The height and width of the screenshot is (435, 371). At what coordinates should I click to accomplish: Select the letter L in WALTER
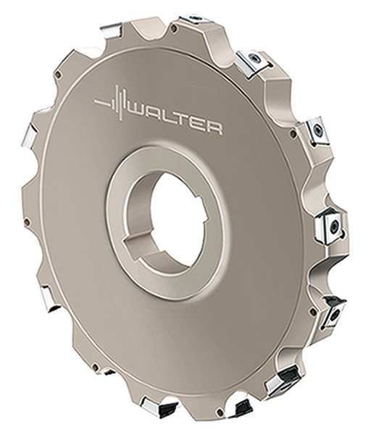(172, 120)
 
